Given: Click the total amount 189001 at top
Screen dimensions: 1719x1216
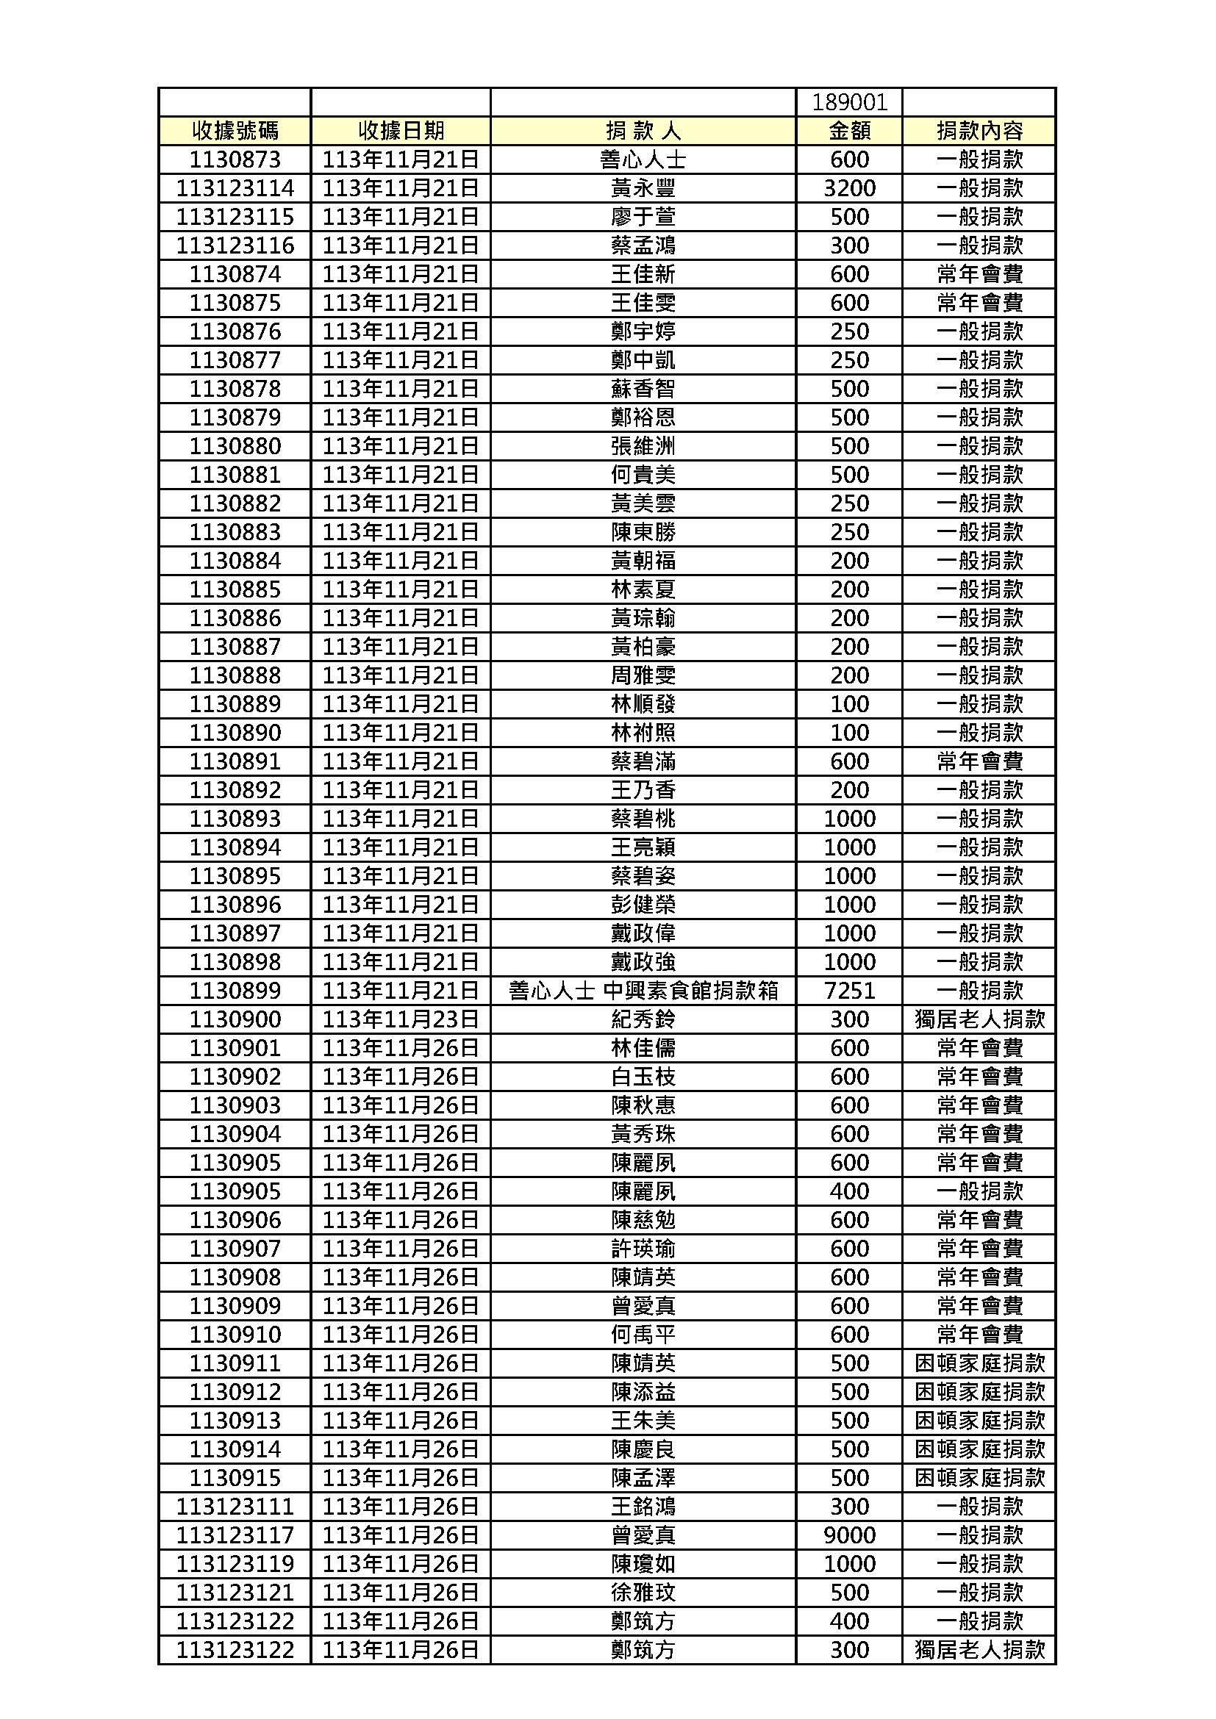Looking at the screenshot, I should pos(849,103).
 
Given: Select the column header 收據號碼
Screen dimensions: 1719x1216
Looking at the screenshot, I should pos(235,131).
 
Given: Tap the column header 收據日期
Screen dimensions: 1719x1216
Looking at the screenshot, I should pos(401,131).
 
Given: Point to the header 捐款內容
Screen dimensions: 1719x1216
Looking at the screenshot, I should pos(979,131).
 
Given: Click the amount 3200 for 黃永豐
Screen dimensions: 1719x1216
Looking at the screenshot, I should pos(849,188).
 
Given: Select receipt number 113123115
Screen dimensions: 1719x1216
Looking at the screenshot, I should pos(235,217).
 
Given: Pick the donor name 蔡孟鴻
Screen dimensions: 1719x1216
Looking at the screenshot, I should pos(643,245).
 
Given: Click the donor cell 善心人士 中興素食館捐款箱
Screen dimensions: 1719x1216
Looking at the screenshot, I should pos(643,991).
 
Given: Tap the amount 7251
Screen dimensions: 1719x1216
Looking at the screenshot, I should pos(849,991).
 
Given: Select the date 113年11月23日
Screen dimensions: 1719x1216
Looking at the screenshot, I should pos(401,1019).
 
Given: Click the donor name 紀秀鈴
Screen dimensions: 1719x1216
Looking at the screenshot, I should pos(643,1019).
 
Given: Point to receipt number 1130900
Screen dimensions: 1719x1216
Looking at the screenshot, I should pos(235,1019).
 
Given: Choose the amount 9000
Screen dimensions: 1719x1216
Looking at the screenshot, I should pos(849,1535).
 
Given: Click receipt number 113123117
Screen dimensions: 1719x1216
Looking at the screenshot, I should pos(235,1535).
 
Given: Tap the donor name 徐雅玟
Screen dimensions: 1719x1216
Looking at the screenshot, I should pos(643,1593).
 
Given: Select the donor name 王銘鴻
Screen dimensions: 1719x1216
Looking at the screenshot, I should pos(643,1507).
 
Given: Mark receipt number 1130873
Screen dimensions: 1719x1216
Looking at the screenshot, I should pos(235,159).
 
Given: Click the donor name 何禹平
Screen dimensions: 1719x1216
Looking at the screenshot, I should pos(643,1334).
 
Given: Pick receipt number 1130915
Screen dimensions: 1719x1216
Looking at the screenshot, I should pos(235,1478).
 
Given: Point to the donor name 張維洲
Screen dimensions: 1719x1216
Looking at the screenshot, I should pos(643,446).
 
